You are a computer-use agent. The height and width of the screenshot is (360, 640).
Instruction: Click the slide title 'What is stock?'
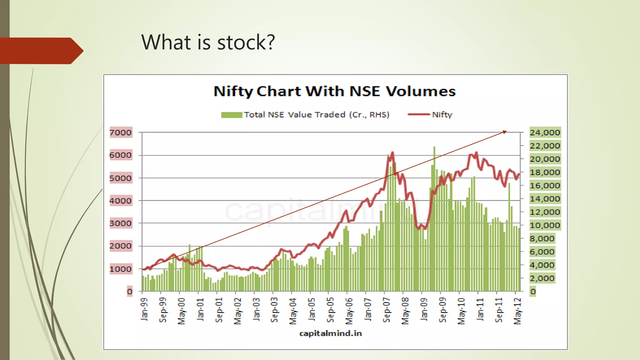click(x=208, y=42)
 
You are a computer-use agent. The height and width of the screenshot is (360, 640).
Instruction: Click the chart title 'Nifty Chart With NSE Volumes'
click(x=334, y=91)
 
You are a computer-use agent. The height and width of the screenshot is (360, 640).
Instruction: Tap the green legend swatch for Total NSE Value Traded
click(x=232, y=115)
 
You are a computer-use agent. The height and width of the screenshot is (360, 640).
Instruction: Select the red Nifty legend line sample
click(x=419, y=114)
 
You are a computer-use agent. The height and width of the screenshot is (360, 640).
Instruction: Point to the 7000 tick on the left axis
click(x=121, y=132)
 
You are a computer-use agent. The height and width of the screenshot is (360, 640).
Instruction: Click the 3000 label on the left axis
click(x=121, y=223)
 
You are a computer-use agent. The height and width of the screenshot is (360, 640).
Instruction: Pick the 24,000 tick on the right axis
click(x=545, y=132)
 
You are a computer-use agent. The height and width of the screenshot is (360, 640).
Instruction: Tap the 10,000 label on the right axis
click(x=545, y=225)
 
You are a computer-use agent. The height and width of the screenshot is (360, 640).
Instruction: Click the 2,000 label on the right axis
click(x=542, y=278)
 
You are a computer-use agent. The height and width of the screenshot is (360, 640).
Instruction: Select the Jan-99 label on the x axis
click(x=144, y=309)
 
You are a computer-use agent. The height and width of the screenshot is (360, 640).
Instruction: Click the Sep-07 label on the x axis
click(x=387, y=310)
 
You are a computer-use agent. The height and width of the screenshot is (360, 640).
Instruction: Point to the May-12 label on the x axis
click(x=518, y=311)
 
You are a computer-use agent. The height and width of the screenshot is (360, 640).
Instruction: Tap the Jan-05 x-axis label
click(x=312, y=309)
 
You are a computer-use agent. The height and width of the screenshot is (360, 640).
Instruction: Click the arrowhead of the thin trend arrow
click(x=505, y=132)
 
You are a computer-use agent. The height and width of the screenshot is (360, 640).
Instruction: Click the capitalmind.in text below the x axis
click(x=330, y=333)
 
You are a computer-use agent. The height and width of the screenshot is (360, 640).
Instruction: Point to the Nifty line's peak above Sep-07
click(x=392, y=153)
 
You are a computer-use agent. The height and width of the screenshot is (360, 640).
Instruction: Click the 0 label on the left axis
click(x=130, y=292)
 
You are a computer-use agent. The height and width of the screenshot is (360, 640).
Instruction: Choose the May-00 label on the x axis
click(x=182, y=311)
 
